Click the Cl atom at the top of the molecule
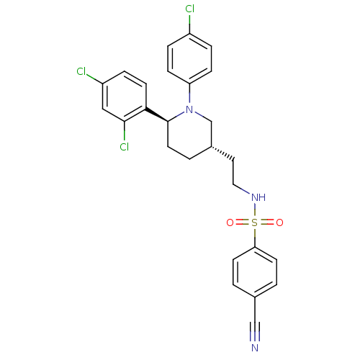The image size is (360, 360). [189, 9]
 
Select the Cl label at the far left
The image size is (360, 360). [81, 71]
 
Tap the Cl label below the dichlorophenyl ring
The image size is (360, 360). [125, 146]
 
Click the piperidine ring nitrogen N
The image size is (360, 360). [189, 109]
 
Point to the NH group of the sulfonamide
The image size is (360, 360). [258, 197]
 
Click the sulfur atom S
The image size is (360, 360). [254, 222]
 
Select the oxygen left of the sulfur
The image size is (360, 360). [230, 222]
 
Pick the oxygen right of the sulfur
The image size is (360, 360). [279, 222]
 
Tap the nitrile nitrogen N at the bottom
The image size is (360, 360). [255, 348]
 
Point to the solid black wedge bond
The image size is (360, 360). [157, 115]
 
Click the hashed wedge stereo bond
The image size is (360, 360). [222, 152]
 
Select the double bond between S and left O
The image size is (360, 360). [243, 222]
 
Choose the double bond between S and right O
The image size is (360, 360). [267, 222]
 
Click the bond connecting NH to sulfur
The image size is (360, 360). [255, 210]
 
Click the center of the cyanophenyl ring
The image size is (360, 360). [255, 272]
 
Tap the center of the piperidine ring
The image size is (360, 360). [189, 133]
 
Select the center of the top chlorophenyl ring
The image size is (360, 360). [189, 59]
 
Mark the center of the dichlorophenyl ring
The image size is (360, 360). [125, 96]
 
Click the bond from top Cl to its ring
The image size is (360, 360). [189, 24]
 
